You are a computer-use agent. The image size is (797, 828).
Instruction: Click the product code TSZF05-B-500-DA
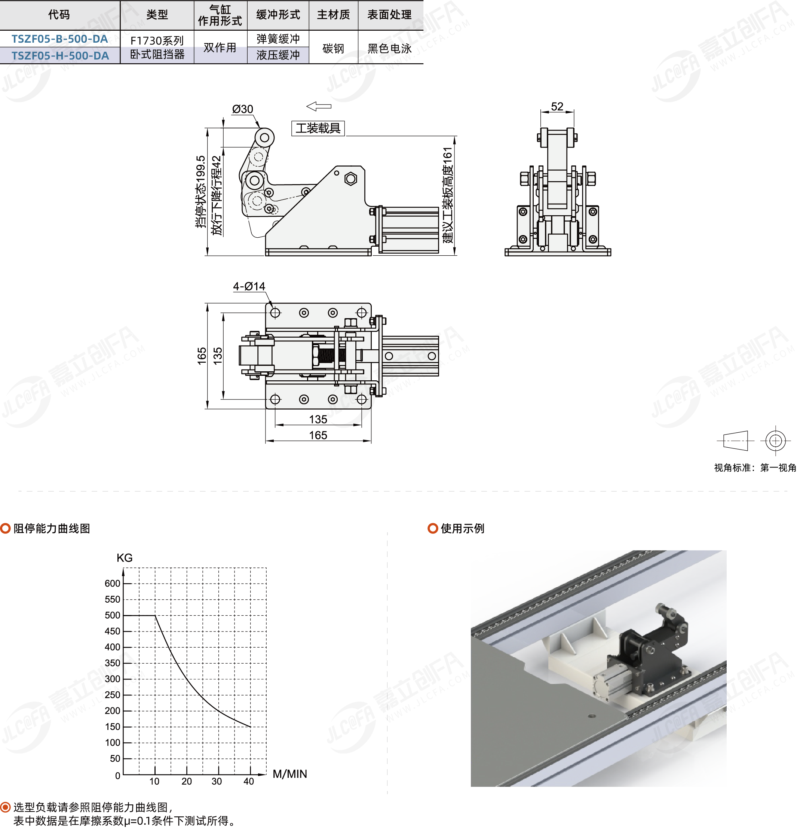[59, 39]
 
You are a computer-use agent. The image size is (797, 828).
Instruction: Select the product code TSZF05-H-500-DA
[60, 55]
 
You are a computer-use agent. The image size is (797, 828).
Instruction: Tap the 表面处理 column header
[389, 15]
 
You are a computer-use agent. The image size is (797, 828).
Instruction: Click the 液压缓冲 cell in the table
[278, 55]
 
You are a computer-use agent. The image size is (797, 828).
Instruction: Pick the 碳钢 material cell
[333, 48]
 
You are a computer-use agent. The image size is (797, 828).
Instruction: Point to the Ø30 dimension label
[243, 109]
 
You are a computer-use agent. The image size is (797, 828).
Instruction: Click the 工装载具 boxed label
[318, 128]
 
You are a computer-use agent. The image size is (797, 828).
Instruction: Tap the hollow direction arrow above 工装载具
[319, 106]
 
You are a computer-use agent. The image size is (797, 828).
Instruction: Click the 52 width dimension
[557, 106]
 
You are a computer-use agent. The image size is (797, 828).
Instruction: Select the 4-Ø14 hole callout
[249, 286]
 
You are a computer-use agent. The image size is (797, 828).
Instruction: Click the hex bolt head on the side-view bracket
[350, 179]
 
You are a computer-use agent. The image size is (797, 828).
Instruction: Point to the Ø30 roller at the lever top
[264, 137]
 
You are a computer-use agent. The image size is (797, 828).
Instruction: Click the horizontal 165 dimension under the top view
[318, 435]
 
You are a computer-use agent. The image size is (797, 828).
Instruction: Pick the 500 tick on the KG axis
[112, 615]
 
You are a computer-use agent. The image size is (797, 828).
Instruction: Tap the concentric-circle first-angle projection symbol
[775, 441]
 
